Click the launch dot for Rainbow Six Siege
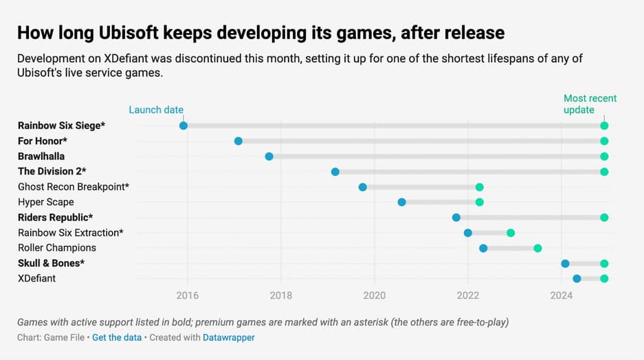click(x=184, y=126)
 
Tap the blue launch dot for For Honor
click(x=238, y=141)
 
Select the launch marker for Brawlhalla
click(x=269, y=157)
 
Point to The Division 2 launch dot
click(x=335, y=172)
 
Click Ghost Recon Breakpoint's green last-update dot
click(x=480, y=187)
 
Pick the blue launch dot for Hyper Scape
click(x=402, y=202)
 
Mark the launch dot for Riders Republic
click(x=456, y=218)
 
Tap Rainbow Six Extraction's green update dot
click(x=511, y=233)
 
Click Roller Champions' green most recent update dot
click(x=538, y=248)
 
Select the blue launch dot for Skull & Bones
click(x=566, y=263)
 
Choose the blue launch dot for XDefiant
click(x=577, y=278)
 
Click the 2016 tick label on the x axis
click(x=187, y=296)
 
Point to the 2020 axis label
click(x=375, y=296)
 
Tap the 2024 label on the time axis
click(x=562, y=296)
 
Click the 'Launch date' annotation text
click(x=157, y=110)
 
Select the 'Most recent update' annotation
click(x=590, y=104)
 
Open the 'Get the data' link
click(x=118, y=337)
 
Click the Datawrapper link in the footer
click(x=229, y=337)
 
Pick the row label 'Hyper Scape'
click(x=46, y=202)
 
